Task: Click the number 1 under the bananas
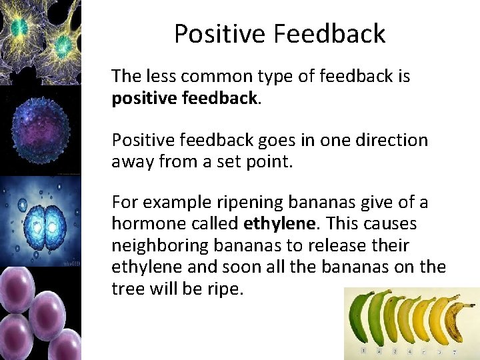point(363,350)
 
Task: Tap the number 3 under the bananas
point(395,350)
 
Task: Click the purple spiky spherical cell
point(40,130)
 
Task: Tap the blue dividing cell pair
point(40,220)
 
